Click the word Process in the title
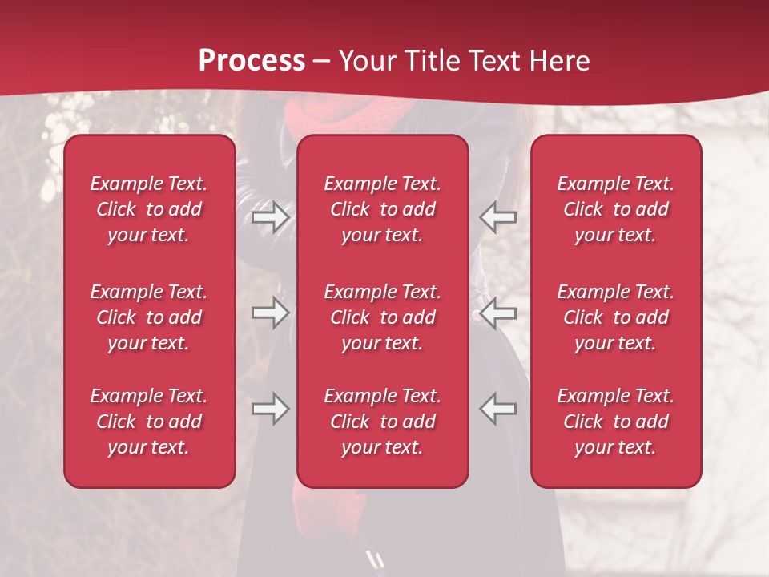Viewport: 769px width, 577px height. (x=252, y=60)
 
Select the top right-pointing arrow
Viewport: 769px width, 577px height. (x=270, y=217)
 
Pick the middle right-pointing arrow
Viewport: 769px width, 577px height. (x=270, y=313)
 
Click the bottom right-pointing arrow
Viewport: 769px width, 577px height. (x=270, y=409)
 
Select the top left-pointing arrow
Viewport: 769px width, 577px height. (x=497, y=217)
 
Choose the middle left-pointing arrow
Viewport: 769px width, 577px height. (x=497, y=313)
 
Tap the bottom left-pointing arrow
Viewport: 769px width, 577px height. (x=497, y=409)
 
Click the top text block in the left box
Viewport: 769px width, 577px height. (x=149, y=209)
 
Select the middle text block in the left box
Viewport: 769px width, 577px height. (x=149, y=317)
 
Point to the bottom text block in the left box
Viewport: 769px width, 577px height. (x=149, y=422)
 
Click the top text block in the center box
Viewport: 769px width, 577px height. (x=383, y=209)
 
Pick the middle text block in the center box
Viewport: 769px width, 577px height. (x=383, y=317)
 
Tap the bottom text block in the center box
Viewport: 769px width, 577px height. (x=383, y=422)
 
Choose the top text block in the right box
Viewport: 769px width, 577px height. (x=616, y=209)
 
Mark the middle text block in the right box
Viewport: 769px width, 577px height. (x=616, y=317)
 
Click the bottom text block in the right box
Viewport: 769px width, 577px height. (x=616, y=422)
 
